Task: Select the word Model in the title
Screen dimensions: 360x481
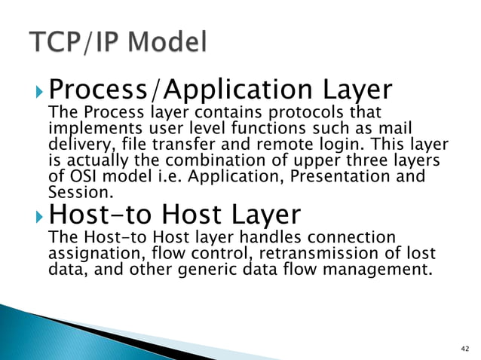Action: pos(167,44)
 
